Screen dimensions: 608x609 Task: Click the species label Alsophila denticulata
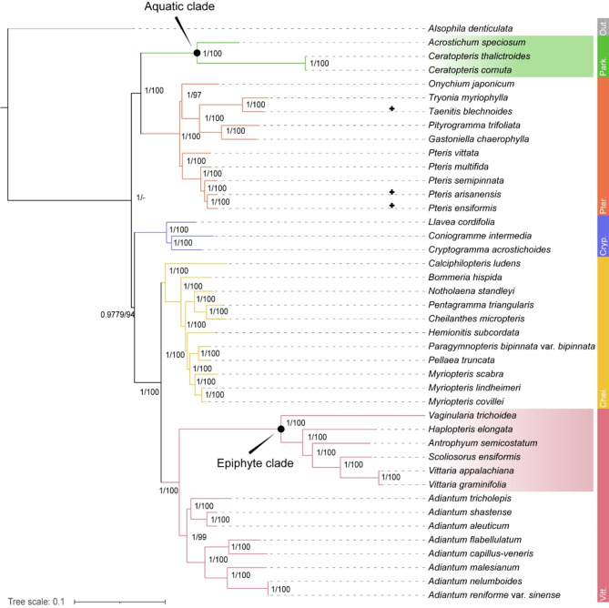[472, 28]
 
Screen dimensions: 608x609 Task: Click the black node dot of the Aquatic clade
[197, 53]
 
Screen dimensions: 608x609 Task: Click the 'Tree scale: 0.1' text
[36, 601]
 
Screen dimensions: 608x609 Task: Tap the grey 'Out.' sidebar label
[602, 26]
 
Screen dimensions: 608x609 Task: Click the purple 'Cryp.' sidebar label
[602, 236]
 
